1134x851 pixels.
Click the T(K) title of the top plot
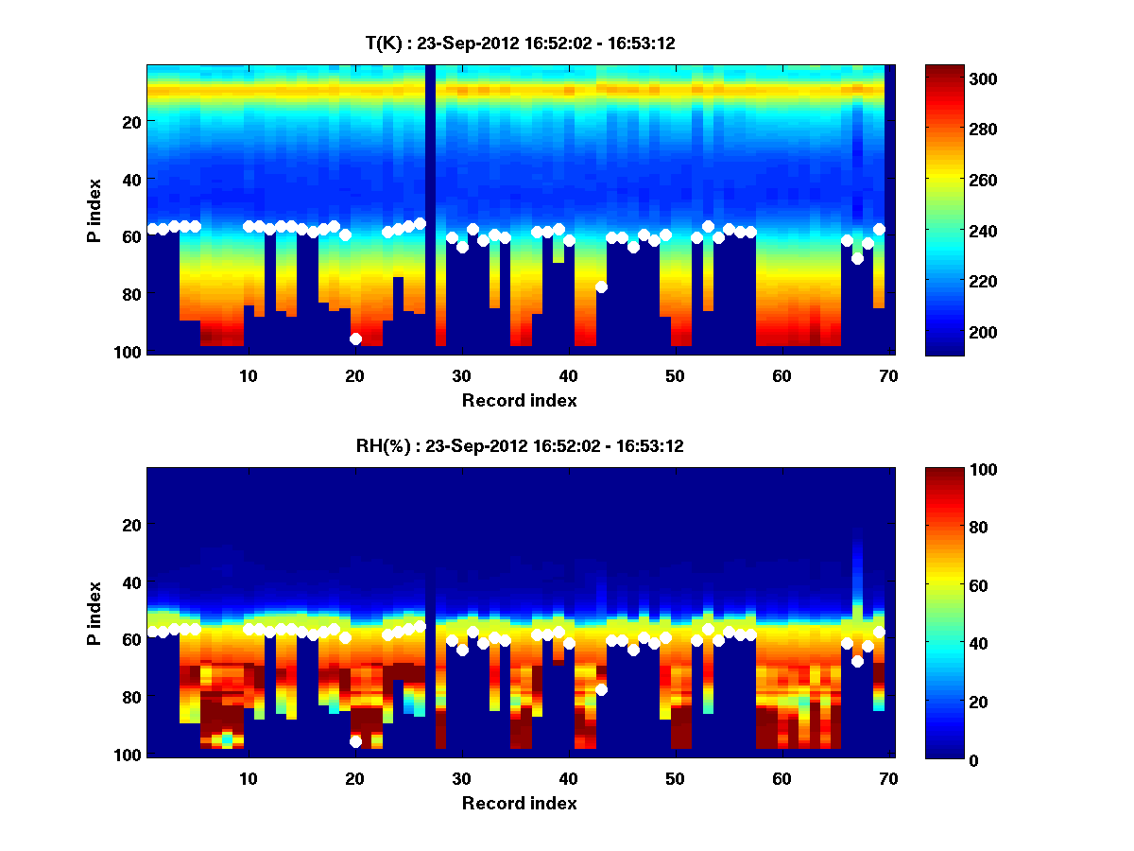click(520, 43)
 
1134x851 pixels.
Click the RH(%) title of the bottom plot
click(520, 446)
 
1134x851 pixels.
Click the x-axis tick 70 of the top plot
click(888, 375)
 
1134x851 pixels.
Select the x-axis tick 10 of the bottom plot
click(248, 779)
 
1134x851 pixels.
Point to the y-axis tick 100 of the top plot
click(129, 352)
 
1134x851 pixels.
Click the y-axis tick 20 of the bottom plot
click(132, 525)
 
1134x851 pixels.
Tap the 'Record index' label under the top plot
click(520, 400)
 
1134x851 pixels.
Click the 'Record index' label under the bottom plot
click(520, 804)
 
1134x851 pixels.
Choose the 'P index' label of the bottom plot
click(94, 614)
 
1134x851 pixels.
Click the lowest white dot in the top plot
click(355, 339)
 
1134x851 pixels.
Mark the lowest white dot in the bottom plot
click(355, 742)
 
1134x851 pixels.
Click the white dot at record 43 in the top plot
click(601, 287)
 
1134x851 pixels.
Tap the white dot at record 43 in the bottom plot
click(601, 689)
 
